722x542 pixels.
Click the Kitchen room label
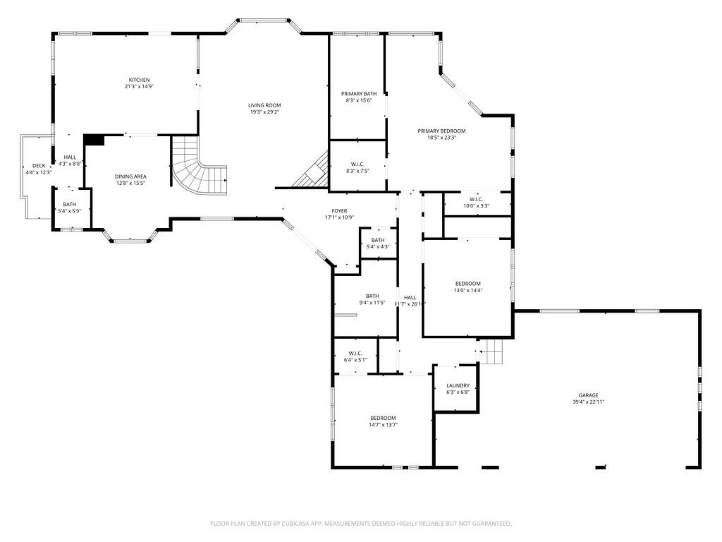tap(139, 80)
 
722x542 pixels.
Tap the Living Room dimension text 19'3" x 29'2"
tap(264, 112)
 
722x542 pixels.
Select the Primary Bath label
tap(359, 94)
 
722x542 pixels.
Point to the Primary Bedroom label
tap(441, 131)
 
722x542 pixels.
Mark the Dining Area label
tap(130, 176)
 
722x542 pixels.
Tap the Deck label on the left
tap(38, 166)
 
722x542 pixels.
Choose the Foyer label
tap(340, 211)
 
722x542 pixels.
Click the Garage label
tap(589, 395)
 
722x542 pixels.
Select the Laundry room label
tap(458, 385)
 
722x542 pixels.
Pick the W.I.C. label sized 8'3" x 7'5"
tap(357, 164)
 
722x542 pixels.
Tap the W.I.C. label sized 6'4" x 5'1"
tap(355, 354)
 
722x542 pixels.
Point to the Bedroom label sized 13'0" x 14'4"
tap(467, 284)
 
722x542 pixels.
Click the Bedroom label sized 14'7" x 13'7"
tap(383, 418)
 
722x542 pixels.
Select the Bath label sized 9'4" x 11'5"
tap(372, 296)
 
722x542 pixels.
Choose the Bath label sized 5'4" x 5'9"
tap(69, 204)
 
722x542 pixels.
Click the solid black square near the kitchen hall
tap(94, 140)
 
